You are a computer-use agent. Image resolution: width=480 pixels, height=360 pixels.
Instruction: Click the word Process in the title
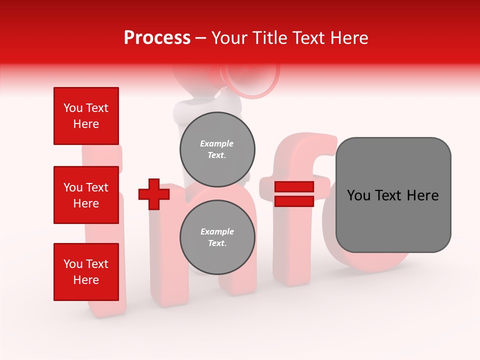tap(157, 38)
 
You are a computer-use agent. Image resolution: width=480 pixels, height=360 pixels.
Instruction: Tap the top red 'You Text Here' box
tap(86, 116)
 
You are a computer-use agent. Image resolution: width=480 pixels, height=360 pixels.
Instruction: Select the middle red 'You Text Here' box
tap(86, 195)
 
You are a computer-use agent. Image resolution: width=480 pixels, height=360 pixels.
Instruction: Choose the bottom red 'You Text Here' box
tap(86, 272)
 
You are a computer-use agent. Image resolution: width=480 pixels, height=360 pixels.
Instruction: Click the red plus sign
tap(154, 194)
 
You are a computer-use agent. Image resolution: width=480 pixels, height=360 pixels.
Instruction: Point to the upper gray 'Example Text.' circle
tap(217, 149)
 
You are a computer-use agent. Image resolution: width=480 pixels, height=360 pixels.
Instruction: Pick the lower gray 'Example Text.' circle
tap(217, 237)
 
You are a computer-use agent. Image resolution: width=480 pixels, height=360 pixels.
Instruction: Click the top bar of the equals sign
tap(294, 187)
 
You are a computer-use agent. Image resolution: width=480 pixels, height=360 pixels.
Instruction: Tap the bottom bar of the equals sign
tap(294, 201)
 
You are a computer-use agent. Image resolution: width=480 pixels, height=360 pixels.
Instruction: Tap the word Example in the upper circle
tap(217, 143)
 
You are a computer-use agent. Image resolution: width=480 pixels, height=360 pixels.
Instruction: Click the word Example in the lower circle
tap(217, 231)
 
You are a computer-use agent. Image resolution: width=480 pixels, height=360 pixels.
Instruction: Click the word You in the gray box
tap(358, 195)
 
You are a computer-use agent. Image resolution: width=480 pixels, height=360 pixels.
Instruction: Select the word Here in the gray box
tap(422, 195)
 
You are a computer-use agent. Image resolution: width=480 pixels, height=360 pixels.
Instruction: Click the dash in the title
tap(201, 38)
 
